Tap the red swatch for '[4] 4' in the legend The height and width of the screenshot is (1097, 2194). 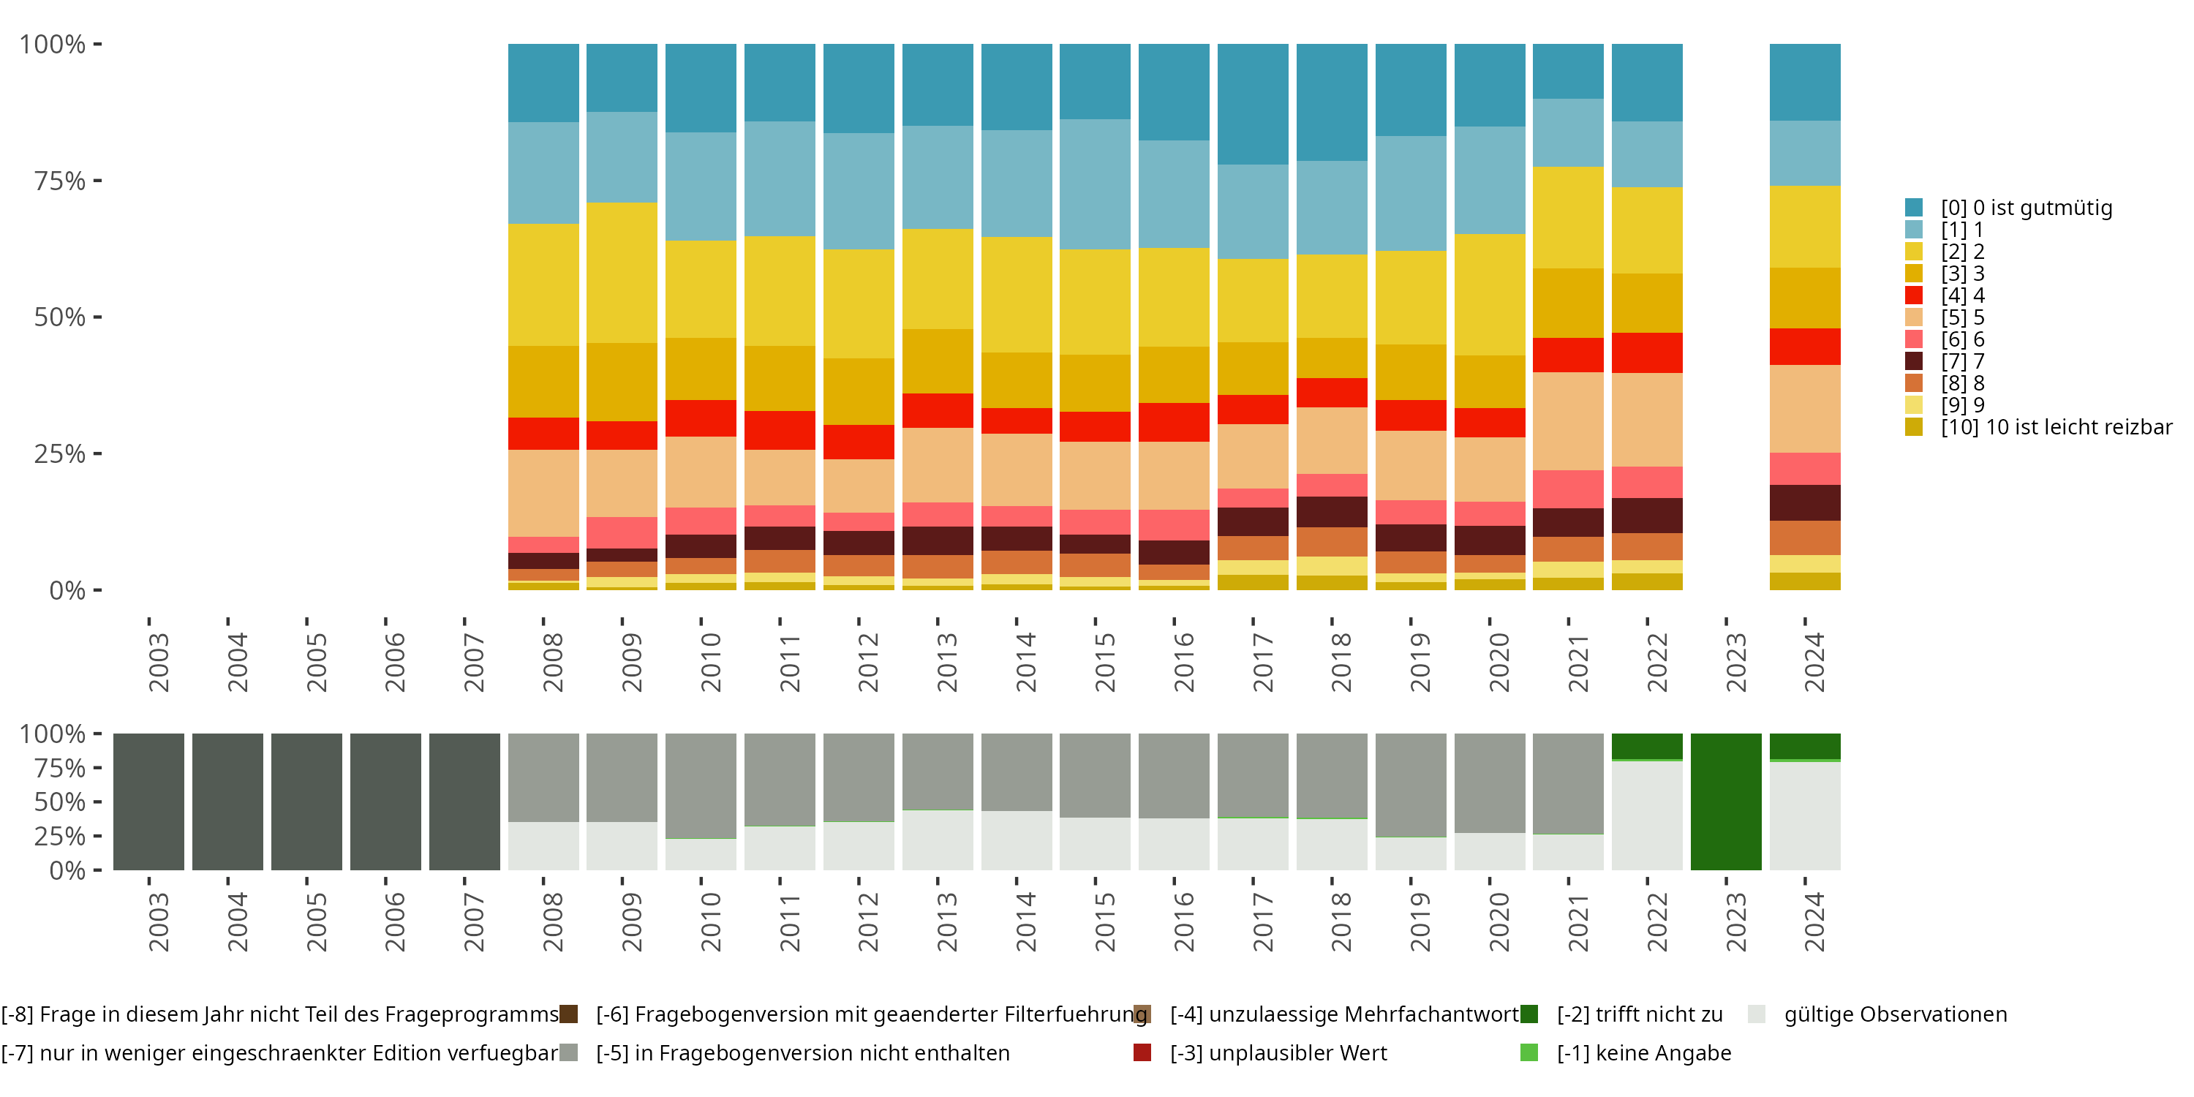pos(1914,295)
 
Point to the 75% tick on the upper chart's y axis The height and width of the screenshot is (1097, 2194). pos(60,181)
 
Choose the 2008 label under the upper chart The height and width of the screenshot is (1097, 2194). pos(553,662)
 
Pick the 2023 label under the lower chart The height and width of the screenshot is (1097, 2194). pos(1735,921)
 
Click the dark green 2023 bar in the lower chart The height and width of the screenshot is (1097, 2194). pos(1725,802)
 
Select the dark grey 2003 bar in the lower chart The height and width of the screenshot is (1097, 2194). pos(149,802)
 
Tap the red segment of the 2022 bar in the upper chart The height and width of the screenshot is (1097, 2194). pos(1646,353)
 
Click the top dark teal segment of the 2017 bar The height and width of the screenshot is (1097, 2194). pos(1252,104)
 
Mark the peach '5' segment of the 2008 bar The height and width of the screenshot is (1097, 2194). pos(543,493)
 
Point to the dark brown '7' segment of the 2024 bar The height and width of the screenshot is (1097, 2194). pos(1804,502)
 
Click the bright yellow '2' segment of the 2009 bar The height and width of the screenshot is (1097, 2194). pos(622,273)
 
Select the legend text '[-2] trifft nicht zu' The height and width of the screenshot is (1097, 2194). pos(1639,1014)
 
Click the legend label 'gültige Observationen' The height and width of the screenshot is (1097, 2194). pos(1895,1014)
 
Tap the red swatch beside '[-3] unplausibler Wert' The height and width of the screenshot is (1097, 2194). pos(1142,1052)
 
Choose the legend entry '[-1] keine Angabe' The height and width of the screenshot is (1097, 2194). pos(1643,1052)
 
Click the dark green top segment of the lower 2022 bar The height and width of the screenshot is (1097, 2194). pos(1646,746)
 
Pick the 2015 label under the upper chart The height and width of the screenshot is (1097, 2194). pos(1104,662)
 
